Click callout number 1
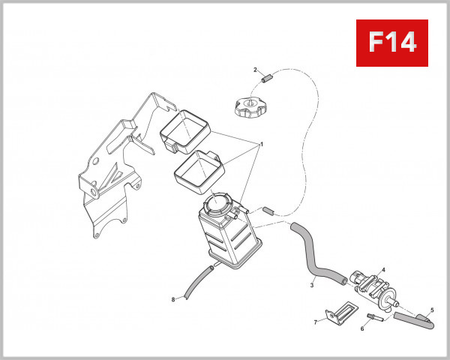[x=262, y=144]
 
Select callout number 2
[x=255, y=69]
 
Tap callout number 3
[x=310, y=285]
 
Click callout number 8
[x=173, y=300]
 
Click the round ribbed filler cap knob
[x=250, y=106]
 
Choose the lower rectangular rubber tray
[x=196, y=169]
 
